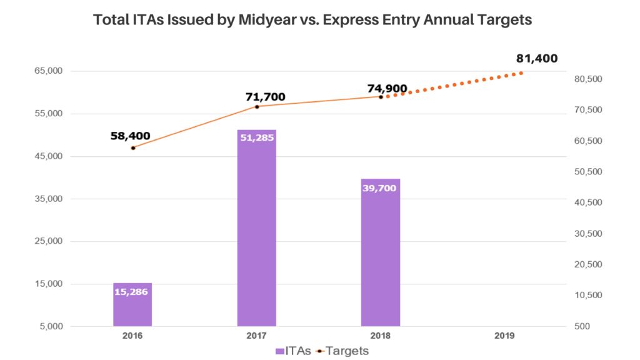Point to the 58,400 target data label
(x=130, y=135)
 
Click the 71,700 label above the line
(x=265, y=96)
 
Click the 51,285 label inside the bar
(x=256, y=137)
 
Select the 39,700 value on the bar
(x=380, y=187)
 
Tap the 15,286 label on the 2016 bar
(x=132, y=291)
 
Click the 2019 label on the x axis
(x=504, y=336)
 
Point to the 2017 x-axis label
(x=256, y=336)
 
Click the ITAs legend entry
(x=294, y=351)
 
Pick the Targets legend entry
(x=342, y=351)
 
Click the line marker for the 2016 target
(x=133, y=147)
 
